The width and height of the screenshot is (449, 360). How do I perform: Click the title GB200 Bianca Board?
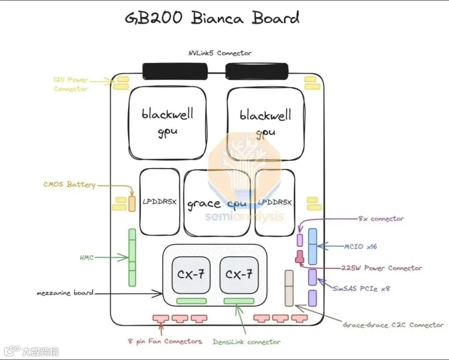pos(212,17)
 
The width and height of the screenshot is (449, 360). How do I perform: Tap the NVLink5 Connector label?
pos(220,53)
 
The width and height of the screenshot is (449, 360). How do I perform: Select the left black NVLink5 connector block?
pos(175,71)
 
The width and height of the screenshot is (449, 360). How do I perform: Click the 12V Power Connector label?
pos(71,84)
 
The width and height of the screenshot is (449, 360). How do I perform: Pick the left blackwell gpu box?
pos(168,123)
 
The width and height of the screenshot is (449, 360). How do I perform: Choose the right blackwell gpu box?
pos(266,124)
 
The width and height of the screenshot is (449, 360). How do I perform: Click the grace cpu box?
pos(217,203)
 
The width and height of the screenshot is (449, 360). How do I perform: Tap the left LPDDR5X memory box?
pos(160,202)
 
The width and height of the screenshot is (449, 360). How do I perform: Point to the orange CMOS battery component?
pos(132,204)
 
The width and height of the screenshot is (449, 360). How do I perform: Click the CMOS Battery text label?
pos(69,184)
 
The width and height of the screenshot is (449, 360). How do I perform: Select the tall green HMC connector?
pos(132,257)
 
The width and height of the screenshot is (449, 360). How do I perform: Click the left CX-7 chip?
pos(191,275)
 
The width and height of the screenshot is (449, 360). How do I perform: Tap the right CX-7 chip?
pos(239,275)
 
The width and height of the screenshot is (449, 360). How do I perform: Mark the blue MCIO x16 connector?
pos(312,246)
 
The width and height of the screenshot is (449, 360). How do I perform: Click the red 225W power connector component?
pos(299,256)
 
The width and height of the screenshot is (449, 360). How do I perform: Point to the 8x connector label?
pos(381,218)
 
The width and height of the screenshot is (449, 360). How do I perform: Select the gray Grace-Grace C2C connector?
pos(289,288)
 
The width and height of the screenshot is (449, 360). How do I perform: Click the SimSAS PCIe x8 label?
pos(361,289)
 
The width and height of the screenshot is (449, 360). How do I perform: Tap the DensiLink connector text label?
pos(246,342)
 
